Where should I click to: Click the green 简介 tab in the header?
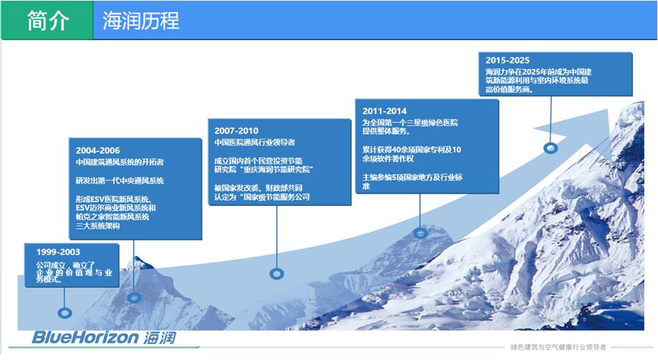[47, 21]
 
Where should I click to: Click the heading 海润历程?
[141, 21]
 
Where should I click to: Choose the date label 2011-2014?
[384, 111]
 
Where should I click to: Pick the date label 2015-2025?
[507, 61]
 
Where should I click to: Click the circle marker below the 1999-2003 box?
[65, 313]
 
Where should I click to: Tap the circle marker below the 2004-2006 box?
[134, 297]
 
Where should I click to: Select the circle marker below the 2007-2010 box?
[276, 273]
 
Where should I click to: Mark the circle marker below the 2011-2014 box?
[421, 232]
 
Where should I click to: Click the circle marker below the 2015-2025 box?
[550, 148]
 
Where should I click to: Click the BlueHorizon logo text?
[85, 338]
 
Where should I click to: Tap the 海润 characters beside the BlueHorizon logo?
[158, 338]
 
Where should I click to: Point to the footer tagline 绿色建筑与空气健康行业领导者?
[558, 347]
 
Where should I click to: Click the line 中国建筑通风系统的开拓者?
[120, 162]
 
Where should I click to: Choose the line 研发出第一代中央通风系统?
[120, 181]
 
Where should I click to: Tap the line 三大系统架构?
[97, 226]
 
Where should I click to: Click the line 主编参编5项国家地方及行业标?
[411, 177]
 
